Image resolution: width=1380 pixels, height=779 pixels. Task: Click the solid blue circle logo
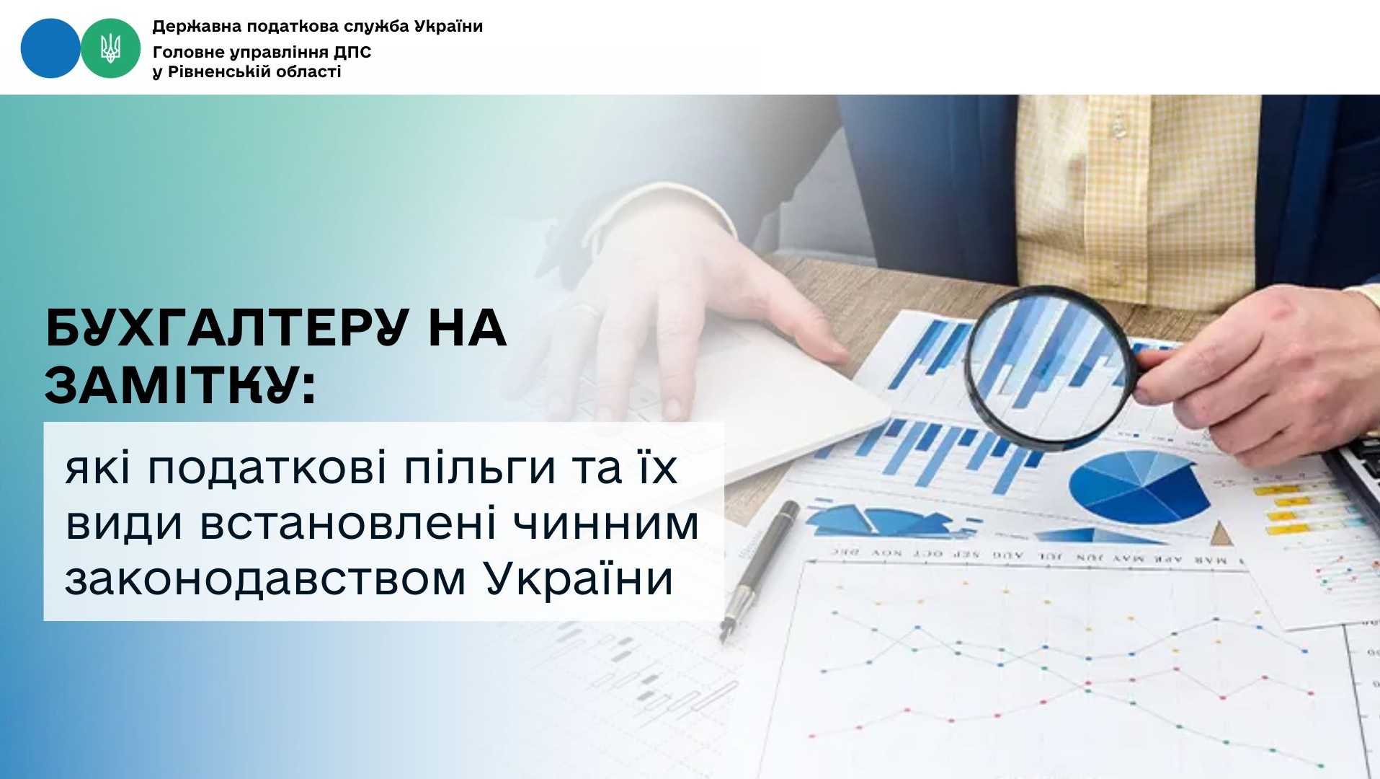[x=50, y=48]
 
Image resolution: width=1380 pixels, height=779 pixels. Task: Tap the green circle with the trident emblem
[x=110, y=48]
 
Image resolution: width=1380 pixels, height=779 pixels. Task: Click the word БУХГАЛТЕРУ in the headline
[x=227, y=329]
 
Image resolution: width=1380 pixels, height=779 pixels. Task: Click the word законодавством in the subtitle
[x=265, y=578]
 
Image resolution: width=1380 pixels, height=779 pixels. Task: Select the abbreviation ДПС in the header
[x=352, y=52]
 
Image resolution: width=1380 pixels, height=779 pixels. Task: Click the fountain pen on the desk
[x=761, y=569]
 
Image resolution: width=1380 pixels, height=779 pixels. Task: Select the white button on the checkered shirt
[x=1118, y=128]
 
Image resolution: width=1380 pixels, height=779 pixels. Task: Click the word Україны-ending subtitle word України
[x=579, y=578]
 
